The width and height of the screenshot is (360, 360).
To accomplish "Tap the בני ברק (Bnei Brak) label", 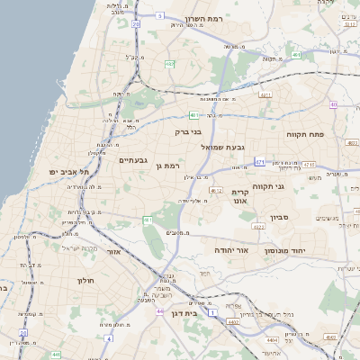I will [x=189, y=130].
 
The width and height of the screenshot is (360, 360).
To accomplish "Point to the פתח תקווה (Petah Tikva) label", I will [x=305, y=134].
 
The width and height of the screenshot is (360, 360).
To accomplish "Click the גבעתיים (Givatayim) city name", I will [x=132, y=160].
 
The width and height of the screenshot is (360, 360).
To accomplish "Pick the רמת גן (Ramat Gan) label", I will [x=167, y=166].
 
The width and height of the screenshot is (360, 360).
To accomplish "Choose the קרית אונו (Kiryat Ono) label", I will [x=239, y=197].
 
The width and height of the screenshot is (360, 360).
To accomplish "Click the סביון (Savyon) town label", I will [x=278, y=217].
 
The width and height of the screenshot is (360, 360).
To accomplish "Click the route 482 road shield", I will [x=169, y=64].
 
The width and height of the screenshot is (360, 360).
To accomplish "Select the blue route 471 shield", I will [x=259, y=162].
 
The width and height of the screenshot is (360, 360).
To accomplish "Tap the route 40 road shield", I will [x=333, y=104].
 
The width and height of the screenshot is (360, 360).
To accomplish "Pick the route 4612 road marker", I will [x=215, y=190].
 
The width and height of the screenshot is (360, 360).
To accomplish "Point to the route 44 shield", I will [x=159, y=310].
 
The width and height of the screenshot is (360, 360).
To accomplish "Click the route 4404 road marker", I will [x=272, y=339].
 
